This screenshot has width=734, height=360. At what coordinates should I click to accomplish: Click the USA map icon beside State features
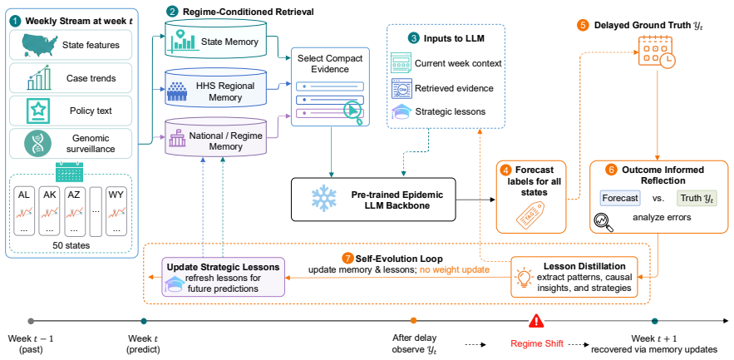(37, 45)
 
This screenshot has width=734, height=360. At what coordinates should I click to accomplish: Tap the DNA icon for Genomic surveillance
(37, 144)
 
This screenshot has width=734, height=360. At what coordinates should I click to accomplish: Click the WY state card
(116, 212)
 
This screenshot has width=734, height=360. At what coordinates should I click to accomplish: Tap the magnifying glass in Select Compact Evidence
(353, 112)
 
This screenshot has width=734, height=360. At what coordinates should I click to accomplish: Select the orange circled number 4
(505, 170)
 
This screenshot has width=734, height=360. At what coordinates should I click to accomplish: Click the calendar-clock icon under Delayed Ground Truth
(658, 52)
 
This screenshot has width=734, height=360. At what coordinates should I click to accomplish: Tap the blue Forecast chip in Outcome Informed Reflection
(620, 198)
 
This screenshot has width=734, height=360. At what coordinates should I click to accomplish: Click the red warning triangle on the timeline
(536, 320)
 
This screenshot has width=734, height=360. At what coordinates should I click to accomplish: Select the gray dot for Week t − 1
(31, 321)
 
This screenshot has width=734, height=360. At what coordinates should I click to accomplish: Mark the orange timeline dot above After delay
(413, 321)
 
